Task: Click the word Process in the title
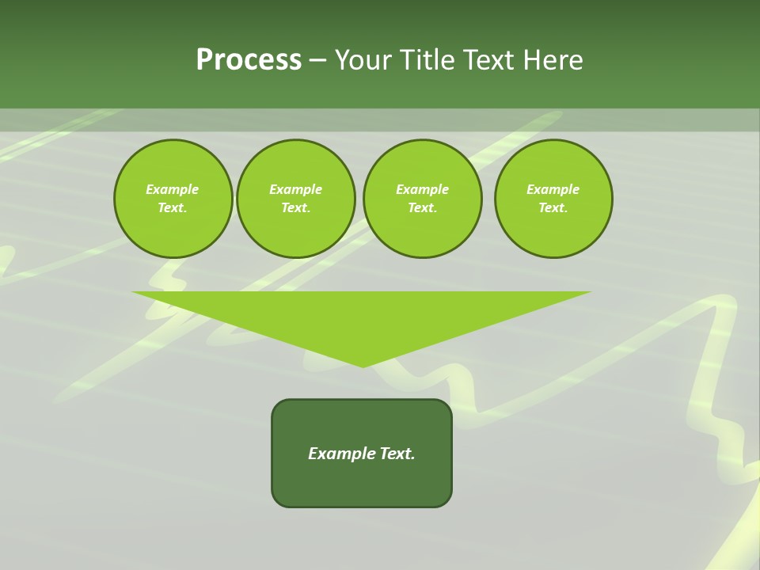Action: [249, 60]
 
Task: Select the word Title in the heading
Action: [431, 60]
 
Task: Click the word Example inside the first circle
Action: [173, 189]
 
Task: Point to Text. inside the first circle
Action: [173, 207]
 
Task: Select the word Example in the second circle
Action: [295, 189]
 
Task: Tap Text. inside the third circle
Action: [422, 207]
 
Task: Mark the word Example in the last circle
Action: [553, 189]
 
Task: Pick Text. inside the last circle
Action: [553, 207]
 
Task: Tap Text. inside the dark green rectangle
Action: [397, 454]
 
